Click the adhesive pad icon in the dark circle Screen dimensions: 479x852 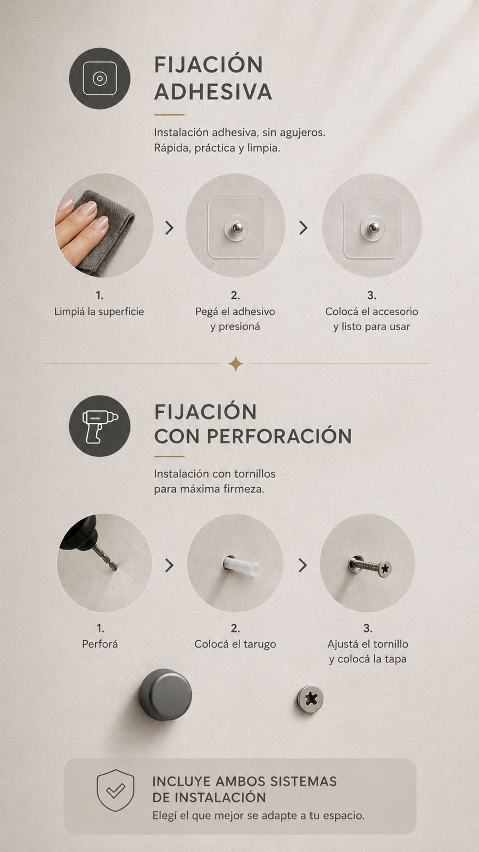(100, 78)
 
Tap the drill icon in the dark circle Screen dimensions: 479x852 (100, 427)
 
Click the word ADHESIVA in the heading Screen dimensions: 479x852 (213, 92)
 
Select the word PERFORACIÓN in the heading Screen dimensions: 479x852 (279, 436)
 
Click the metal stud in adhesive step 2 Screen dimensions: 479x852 (237, 228)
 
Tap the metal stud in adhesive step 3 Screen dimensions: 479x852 (374, 228)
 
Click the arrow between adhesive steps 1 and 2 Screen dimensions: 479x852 (169, 228)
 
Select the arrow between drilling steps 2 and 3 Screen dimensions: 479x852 (303, 565)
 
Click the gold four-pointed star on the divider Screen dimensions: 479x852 (235, 364)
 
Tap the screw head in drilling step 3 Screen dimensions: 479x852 (385, 569)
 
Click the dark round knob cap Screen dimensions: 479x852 (166, 694)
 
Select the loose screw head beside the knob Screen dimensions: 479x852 (310, 699)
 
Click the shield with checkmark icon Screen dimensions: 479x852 (115, 790)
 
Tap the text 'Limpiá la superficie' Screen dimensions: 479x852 (99, 312)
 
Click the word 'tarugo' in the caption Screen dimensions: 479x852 (260, 644)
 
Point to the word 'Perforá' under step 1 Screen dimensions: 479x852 (100, 644)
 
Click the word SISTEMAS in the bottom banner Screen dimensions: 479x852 (303, 781)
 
